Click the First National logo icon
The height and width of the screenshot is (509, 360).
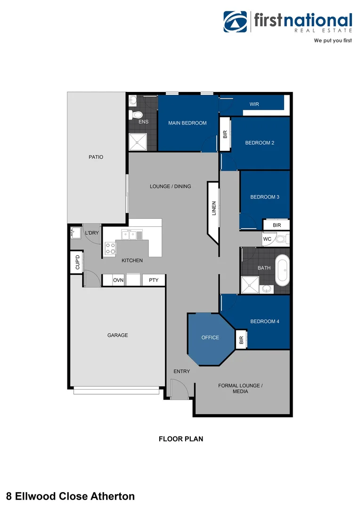(235, 22)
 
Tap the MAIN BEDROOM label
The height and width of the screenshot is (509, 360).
(188, 123)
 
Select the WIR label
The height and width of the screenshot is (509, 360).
(254, 104)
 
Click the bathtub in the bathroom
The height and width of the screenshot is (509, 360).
(283, 271)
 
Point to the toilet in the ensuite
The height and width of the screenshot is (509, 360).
(137, 115)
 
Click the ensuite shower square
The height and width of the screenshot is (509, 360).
(138, 141)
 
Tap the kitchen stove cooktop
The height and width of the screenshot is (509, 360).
(110, 248)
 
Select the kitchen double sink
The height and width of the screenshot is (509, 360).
(131, 234)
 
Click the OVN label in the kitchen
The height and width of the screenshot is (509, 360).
(118, 280)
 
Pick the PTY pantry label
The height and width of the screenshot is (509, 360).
(154, 280)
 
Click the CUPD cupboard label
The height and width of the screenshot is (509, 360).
(77, 262)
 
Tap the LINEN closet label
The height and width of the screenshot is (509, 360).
(213, 209)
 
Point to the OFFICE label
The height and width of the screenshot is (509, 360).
(210, 337)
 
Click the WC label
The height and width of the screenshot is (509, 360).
(267, 239)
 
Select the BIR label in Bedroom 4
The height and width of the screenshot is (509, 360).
(241, 340)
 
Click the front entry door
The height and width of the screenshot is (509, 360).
(179, 390)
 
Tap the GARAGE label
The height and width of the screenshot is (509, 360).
(117, 335)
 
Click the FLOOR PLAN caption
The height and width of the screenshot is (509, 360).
(180, 439)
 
